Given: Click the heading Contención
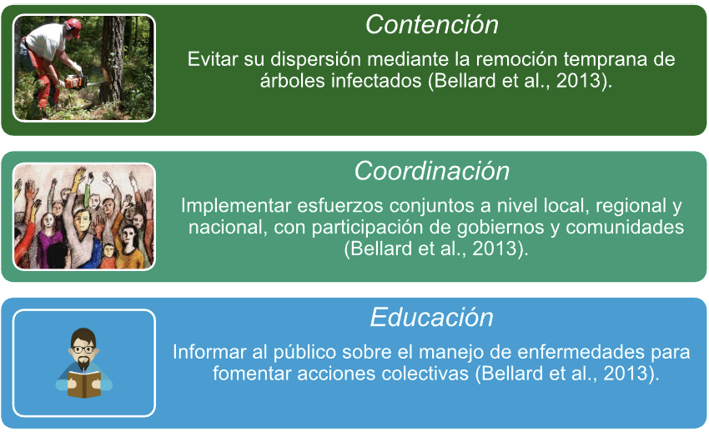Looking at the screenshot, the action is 431,24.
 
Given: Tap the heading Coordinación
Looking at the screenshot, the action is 431,171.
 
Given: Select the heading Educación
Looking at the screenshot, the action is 431,317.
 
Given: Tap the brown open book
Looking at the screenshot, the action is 84,384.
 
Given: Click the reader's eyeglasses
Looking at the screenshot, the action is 83,349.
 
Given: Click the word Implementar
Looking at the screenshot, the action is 236,206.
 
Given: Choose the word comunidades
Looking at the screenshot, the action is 625,228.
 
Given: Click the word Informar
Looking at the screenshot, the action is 209,352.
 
